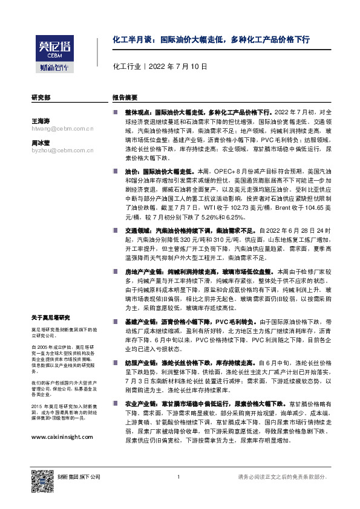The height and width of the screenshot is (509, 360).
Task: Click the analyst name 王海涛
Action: click(x=41, y=122)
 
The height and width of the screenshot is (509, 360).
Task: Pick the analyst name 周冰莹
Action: click(x=41, y=143)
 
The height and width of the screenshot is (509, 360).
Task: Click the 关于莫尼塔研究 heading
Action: click(x=51, y=317)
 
